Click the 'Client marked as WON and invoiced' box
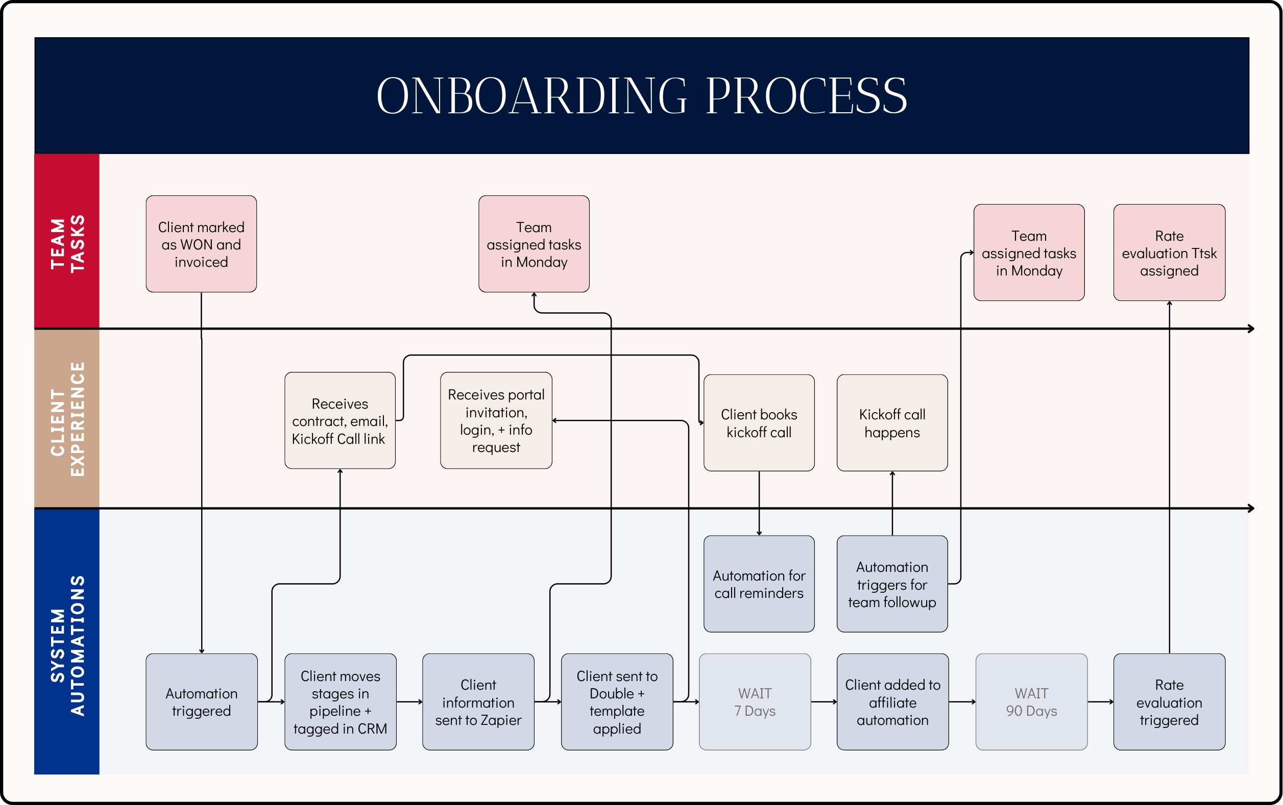(201, 244)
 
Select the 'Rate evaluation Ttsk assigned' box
(1169, 253)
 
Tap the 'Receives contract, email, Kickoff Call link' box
(340, 420)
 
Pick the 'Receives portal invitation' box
(496, 420)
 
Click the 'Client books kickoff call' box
(759, 423)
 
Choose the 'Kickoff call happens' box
(892, 423)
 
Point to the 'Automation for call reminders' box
(759, 584)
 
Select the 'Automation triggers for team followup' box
(892, 584)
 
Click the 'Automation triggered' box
(201, 702)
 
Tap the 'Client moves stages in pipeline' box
(341, 702)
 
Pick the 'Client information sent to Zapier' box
(478, 702)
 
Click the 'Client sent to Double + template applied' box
(617, 702)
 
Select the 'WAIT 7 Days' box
(755, 702)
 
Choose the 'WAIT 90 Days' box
(1031, 702)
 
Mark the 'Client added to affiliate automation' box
(892, 702)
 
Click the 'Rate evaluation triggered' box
(1169, 702)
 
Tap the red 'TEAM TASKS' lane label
(66, 242)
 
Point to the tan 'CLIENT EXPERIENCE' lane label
(66, 418)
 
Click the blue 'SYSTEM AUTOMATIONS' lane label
(66, 642)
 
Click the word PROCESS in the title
(806, 96)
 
